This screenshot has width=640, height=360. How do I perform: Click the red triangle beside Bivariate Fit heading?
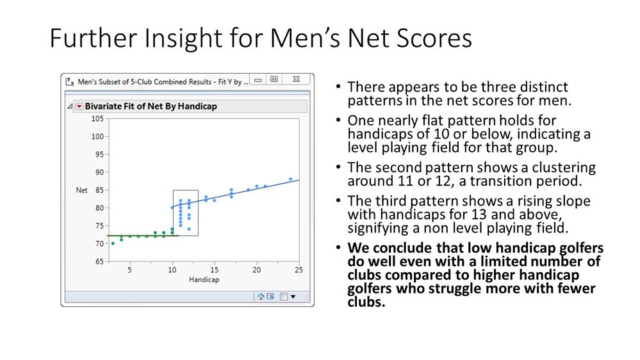79,106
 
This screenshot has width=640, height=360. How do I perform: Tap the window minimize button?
258,80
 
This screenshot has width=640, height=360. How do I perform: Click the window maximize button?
274,80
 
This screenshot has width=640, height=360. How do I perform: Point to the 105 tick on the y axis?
97,119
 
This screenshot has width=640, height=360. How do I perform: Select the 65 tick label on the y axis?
99,261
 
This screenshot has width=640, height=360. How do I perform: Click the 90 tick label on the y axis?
99,172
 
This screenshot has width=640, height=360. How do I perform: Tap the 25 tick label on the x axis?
298,270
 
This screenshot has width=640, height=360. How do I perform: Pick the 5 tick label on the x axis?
130,270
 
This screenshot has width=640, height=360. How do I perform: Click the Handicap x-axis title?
204,280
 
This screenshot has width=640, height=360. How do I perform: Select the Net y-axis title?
81,190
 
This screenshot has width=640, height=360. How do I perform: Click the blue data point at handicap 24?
290,179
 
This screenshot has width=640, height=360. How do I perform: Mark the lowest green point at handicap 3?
113,243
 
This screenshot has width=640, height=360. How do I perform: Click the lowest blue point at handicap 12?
189,229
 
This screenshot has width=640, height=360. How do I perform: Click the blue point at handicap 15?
214,200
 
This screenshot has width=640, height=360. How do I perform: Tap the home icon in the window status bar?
261,297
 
